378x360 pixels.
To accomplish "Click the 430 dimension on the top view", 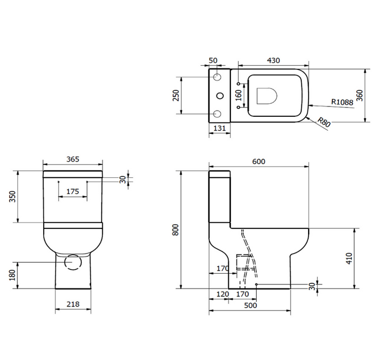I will [x=273, y=60].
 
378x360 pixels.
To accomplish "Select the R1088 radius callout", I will [x=342, y=102].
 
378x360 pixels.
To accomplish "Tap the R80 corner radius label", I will [x=323, y=122].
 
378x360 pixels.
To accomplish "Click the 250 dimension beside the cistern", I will [x=175, y=95].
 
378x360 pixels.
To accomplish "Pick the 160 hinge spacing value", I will [x=238, y=96].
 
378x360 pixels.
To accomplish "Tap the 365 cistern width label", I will [x=73, y=159].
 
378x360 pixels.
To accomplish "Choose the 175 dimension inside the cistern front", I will [x=73, y=191].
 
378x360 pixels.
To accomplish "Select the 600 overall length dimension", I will [x=258, y=161].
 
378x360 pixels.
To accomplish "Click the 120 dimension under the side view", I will [x=222, y=294].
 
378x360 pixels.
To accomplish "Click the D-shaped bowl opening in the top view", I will [x=267, y=96].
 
